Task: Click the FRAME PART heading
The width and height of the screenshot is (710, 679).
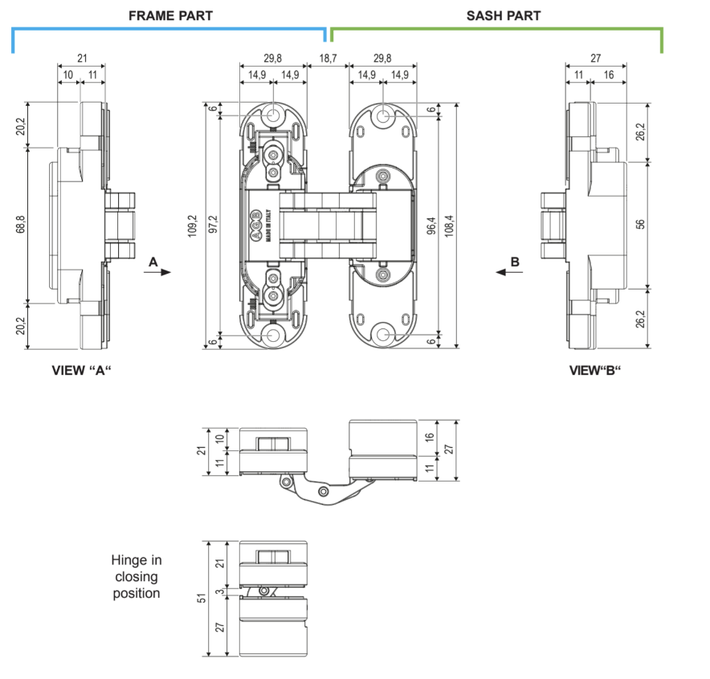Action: [x=170, y=16]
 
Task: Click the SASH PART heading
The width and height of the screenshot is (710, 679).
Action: [x=504, y=16]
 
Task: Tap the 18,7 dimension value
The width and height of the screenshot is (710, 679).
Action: [x=328, y=59]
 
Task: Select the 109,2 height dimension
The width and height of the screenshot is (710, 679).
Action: [x=193, y=226]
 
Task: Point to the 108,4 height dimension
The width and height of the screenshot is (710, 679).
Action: [x=449, y=226]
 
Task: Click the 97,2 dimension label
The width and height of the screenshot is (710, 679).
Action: [x=213, y=225]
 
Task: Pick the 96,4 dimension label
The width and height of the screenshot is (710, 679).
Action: [x=431, y=226]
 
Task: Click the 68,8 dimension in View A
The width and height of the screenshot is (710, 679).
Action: [x=21, y=225]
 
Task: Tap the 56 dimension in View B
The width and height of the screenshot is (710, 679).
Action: [x=640, y=225]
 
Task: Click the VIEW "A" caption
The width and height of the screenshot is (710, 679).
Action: [x=81, y=371]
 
